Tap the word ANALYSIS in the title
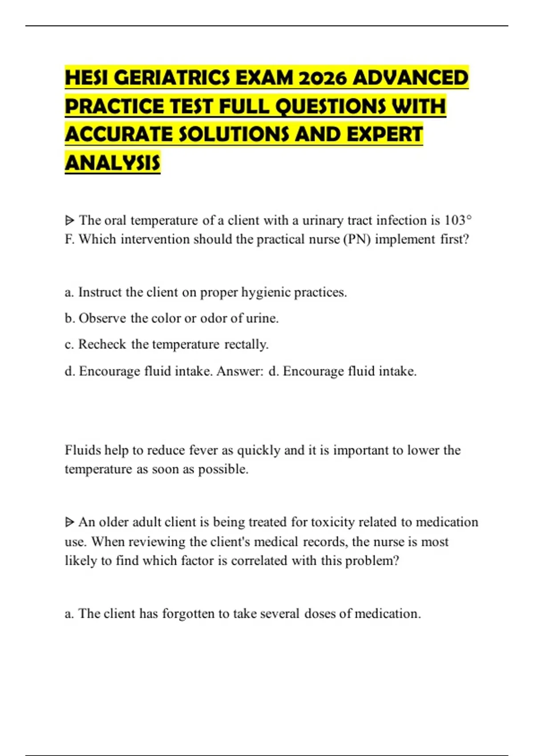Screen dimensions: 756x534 click(112, 163)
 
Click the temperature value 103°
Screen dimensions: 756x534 click(458, 220)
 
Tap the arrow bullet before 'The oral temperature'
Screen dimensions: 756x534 click(69, 220)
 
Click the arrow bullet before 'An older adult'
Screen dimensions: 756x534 click(69, 522)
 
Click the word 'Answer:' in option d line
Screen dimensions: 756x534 click(240, 371)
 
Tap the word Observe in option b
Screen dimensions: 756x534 click(102, 318)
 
